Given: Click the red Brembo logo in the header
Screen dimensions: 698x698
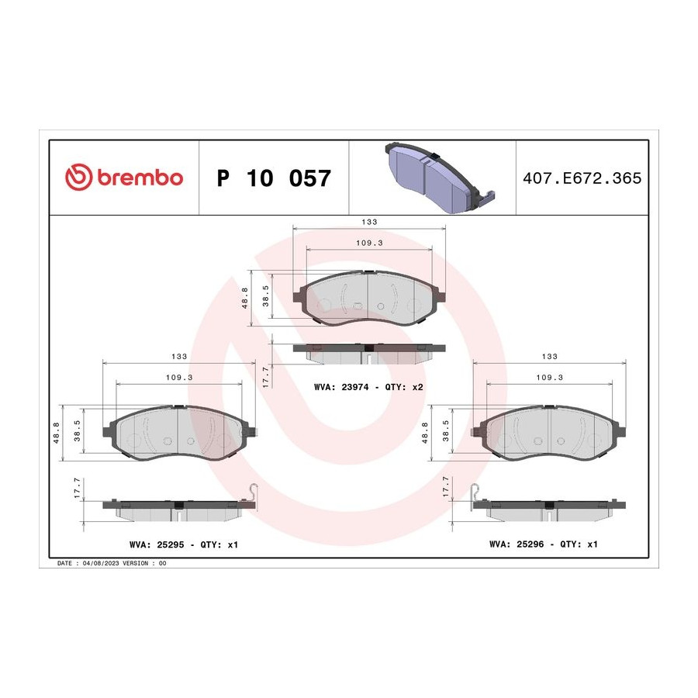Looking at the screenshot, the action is click(x=124, y=177).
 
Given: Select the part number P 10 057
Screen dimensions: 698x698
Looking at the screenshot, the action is click(x=274, y=178).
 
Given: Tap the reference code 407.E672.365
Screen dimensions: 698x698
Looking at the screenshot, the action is click(x=582, y=178).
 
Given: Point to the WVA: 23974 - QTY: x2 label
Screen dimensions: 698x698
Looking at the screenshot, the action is click(x=368, y=387).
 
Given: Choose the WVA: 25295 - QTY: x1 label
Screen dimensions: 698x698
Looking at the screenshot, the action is click(x=184, y=544).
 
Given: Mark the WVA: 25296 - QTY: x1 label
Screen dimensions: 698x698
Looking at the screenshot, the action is click(x=544, y=544).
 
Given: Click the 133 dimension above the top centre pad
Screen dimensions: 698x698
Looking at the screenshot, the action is click(x=369, y=222).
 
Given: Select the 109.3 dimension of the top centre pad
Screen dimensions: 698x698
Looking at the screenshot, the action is click(x=369, y=243).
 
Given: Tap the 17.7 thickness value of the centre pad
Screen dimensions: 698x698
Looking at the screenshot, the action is click(x=266, y=377).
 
